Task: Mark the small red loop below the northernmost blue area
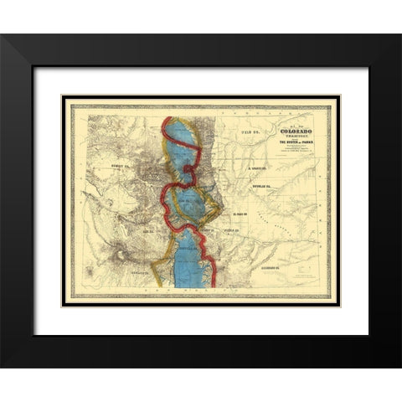pos(188,173)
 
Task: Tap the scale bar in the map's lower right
pos(312,271)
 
